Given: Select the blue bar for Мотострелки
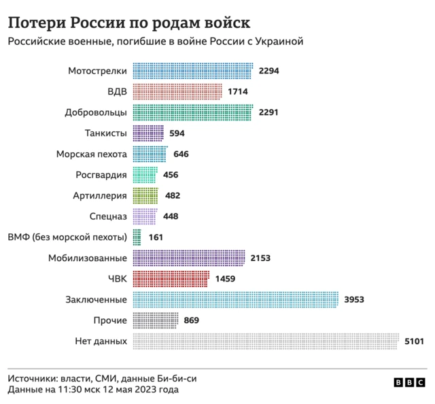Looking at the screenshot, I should tap(192, 71).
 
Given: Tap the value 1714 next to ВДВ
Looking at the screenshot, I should tap(238, 92).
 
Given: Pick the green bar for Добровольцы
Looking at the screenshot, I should tap(192, 112).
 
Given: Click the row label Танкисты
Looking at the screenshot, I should tap(106, 133).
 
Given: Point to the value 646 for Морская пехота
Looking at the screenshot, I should tap(181, 154).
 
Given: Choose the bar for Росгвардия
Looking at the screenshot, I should tap(145, 175).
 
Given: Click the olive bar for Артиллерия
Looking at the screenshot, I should tap(145, 196).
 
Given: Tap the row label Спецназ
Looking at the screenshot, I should tap(108, 217).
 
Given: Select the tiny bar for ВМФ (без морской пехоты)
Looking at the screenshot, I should tap(137, 237).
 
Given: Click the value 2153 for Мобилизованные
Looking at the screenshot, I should tap(260, 258).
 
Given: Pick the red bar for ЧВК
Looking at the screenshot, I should tap(171, 279).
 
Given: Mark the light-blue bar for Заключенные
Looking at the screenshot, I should tap(235, 300).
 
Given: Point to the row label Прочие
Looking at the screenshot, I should tap(109, 320).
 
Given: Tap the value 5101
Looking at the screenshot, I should tap(414, 341).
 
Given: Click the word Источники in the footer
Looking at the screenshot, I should tap(33, 378).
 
